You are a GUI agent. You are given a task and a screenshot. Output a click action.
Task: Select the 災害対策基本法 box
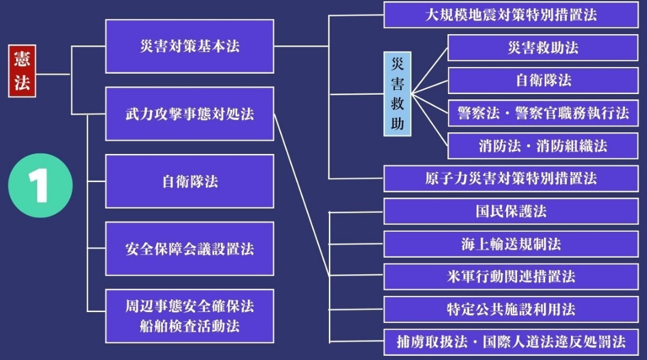tap(189, 46)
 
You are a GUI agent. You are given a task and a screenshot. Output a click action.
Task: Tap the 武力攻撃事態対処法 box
tap(189, 114)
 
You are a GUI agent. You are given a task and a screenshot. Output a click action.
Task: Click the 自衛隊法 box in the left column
tap(189, 181)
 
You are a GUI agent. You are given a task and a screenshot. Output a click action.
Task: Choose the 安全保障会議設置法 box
tap(189, 249)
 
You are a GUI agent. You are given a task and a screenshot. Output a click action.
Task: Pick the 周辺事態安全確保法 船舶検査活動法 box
tap(189, 316)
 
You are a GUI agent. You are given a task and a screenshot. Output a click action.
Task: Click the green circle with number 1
tap(40, 185)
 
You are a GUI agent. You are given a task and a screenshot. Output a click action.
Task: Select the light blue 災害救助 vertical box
tap(397, 94)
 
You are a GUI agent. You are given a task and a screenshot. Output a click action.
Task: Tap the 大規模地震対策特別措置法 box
tap(510, 15)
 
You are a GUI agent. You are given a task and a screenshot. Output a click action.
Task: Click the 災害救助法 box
tap(543, 47)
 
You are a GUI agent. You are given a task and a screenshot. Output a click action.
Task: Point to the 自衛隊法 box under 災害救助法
tap(543, 80)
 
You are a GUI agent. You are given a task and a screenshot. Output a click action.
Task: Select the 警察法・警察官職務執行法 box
tap(543, 113)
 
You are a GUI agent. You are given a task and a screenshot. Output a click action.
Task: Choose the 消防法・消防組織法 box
tap(543, 146)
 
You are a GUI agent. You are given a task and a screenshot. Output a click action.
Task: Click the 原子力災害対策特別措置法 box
tap(510, 179)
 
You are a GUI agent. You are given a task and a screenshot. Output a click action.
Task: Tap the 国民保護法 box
tap(510, 211)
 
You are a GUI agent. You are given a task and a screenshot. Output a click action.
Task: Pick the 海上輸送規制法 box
tap(510, 244)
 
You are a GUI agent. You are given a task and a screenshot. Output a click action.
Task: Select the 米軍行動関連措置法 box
tap(510, 276)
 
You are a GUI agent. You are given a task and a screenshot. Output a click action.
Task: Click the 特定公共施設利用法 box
tap(510, 309)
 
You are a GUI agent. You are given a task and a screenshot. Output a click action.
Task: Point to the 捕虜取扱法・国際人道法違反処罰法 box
tap(510, 342)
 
